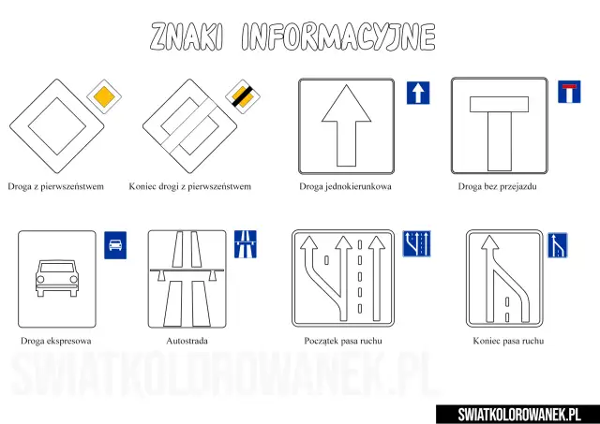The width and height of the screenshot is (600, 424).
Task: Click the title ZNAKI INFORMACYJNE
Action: coord(292,37)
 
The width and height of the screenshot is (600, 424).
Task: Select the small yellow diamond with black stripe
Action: coord(241,95)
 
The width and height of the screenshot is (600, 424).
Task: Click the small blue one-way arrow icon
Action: coord(417,93)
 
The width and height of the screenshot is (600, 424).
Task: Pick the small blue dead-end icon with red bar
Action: coord(569,93)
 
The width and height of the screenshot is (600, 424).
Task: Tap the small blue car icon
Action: coord(114,244)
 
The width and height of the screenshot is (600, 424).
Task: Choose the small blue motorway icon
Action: coord(247,244)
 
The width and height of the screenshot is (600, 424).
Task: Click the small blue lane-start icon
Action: coord(416,244)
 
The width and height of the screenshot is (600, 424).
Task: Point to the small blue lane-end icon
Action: coord(558,245)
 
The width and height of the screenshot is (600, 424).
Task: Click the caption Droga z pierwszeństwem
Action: coord(54,186)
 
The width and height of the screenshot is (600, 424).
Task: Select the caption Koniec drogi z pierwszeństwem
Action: coord(189,186)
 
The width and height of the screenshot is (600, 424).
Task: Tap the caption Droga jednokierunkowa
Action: coord(345,186)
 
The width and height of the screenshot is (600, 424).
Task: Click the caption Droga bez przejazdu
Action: coord(497,186)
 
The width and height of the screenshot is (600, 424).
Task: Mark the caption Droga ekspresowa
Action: coord(55,341)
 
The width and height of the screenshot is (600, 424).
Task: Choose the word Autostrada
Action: coord(187,341)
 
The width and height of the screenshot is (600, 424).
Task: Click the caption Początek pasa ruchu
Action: coord(343,341)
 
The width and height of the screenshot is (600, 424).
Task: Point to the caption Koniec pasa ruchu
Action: coord(508,341)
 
